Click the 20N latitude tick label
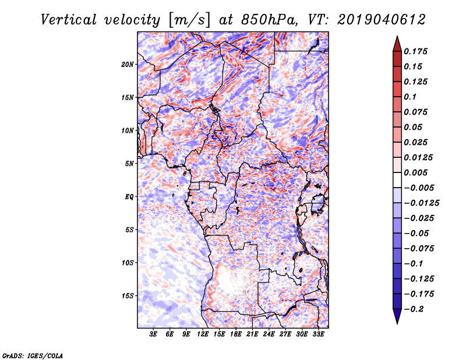(x=128, y=64)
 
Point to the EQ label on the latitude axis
(x=129, y=197)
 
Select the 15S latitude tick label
(x=128, y=296)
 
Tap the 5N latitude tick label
(x=129, y=164)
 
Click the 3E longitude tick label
(x=154, y=335)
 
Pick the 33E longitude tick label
(x=318, y=335)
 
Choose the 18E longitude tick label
(x=236, y=335)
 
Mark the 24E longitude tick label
(x=269, y=335)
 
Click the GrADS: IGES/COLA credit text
(x=32, y=355)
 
